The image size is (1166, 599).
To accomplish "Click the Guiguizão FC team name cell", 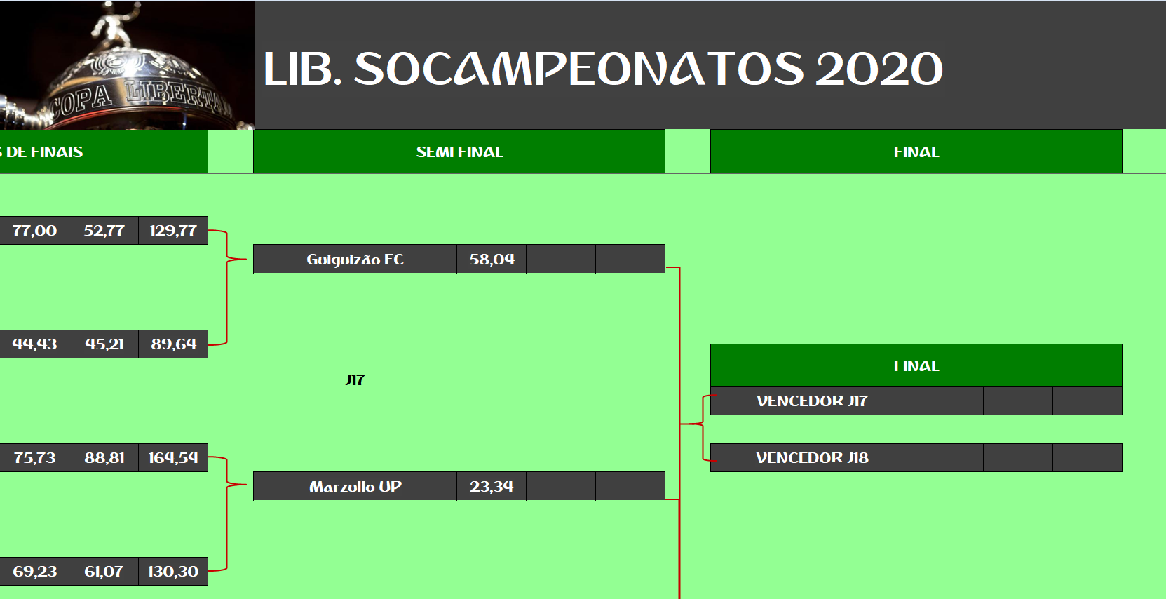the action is coord(355,259).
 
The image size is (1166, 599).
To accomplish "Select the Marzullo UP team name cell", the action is coord(355,487).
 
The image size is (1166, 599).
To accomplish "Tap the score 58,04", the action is coord(492,259).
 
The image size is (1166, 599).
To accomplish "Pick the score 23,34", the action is coord(492,487).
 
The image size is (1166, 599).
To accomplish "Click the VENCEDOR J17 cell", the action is coord(812,401).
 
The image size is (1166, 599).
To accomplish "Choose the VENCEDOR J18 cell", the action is coord(812,457).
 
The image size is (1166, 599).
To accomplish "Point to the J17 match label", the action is coord(355,379).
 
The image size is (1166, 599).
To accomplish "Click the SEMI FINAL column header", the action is coord(459,152).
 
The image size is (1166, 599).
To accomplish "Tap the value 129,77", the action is coord(173,230).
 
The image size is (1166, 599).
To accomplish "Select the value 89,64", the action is coord(173,344).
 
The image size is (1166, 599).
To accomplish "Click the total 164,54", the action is coord(173,457).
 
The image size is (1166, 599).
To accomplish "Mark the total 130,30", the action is coord(173,572).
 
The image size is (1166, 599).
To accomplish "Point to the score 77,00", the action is coord(34,230).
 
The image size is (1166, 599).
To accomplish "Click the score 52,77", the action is coord(104,230).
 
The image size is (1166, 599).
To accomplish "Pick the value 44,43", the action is coord(34,344).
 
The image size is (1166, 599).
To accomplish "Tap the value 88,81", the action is coord(104,457).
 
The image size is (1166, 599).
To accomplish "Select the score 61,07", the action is coord(104,572).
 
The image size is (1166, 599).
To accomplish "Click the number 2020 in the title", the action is coord(879,69).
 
